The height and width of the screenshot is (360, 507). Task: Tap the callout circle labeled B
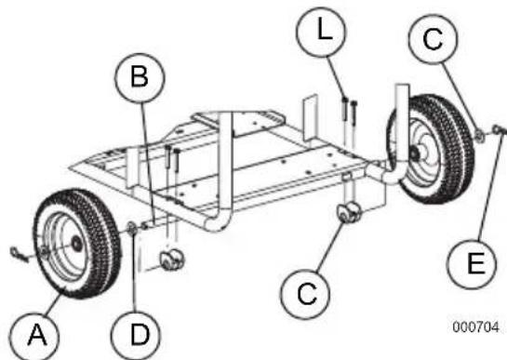coord(138,79)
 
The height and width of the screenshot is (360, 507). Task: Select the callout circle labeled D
coord(139,330)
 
